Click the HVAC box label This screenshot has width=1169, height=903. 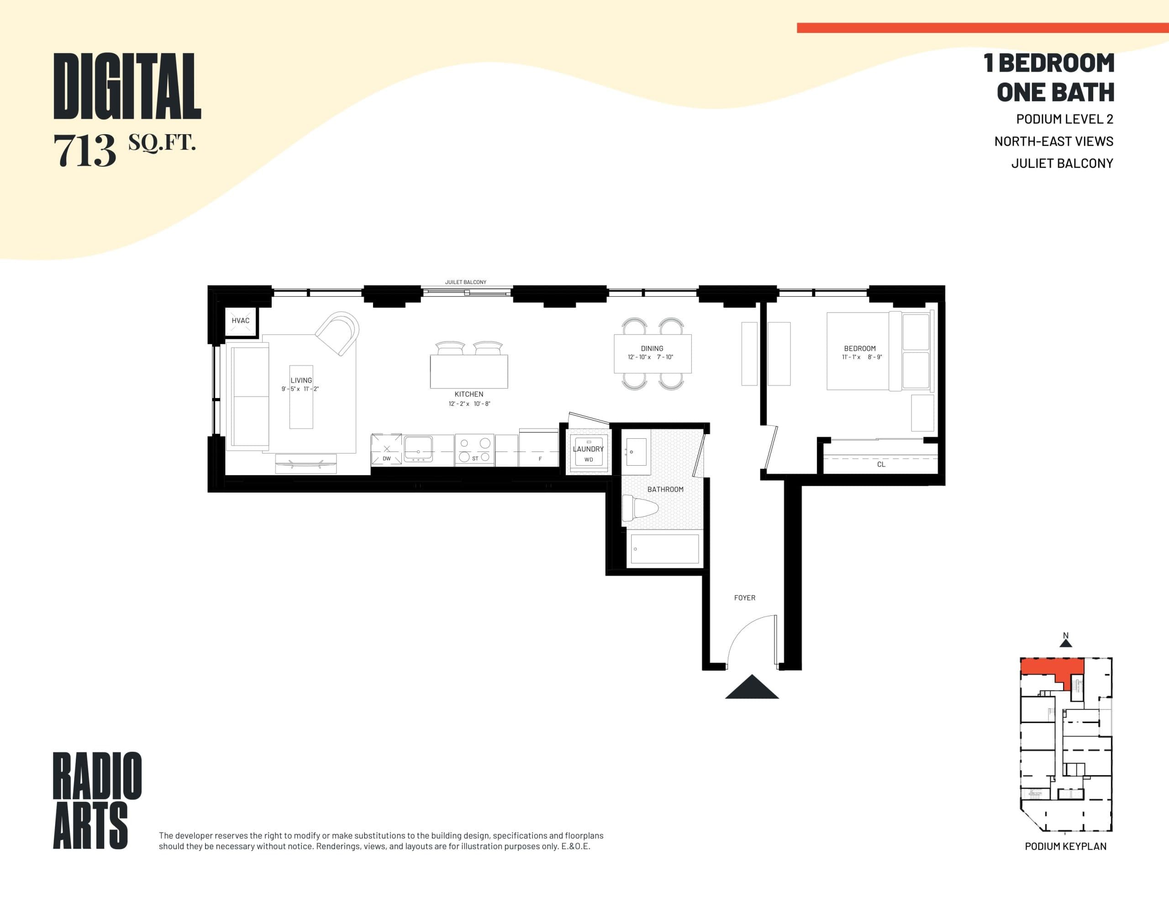(x=240, y=320)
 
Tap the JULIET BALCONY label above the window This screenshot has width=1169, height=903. (x=466, y=282)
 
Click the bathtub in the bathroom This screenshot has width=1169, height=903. (x=664, y=549)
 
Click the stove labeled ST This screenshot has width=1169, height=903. (x=475, y=450)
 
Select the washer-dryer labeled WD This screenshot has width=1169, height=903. (x=588, y=456)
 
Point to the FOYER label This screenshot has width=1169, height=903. (x=744, y=598)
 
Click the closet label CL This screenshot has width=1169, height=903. (x=881, y=465)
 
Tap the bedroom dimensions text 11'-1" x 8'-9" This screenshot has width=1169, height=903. (x=862, y=357)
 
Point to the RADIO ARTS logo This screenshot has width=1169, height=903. (x=97, y=800)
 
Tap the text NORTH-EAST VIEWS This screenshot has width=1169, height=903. (x=1053, y=142)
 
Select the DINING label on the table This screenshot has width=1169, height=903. (x=652, y=348)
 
